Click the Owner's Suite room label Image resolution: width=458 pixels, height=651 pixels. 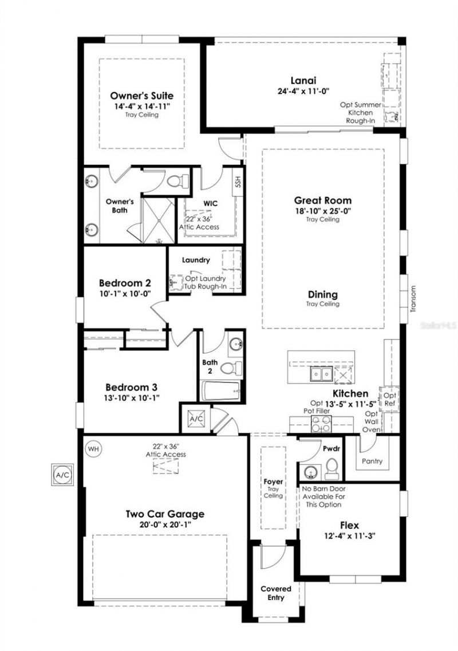(x=141, y=96)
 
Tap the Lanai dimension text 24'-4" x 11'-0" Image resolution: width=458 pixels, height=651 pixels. (x=303, y=90)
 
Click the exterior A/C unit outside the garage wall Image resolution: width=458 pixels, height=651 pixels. (x=61, y=475)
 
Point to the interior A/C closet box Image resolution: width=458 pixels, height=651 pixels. (x=196, y=419)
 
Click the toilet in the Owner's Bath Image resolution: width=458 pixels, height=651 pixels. (x=177, y=180)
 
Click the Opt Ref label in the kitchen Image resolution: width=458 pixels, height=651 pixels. (x=389, y=400)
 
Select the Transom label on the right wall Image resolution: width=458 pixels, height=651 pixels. (x=413, y=298)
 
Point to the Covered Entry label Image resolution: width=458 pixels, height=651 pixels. (x=276, y=593)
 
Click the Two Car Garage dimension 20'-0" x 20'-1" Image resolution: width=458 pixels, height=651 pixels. (x=164, y=525)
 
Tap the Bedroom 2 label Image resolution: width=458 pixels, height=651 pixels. (x=125, y=283)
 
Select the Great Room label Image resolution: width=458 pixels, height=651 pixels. (x=322, y=200)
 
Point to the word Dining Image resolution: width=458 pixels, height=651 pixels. (x=322, y=294)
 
